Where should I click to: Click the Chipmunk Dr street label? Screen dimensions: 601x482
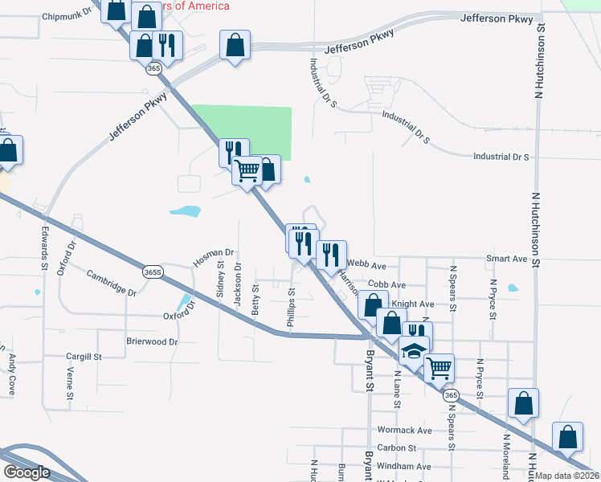[x=68, y=16]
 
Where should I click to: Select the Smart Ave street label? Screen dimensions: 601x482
[x=506, y=259]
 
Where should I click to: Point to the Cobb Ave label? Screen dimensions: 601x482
[x=386, y=284]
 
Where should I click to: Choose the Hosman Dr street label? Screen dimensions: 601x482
[x=212, y=258]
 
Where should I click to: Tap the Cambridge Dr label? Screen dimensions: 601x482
[x=111, y=281]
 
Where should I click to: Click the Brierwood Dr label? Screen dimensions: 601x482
[x=151, y=341]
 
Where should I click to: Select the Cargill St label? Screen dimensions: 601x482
[x=84, y=356]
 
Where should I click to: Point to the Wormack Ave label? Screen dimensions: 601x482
[x=404, y=431]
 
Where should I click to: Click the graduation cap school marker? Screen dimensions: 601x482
[x=415, y=351]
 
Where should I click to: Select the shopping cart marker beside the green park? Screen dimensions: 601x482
[x=247, y=170]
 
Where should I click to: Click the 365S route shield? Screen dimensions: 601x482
[x=153, y=272]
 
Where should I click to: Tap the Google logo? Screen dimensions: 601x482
[x=27, y=472]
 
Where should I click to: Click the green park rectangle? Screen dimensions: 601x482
[x=249, y=129]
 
